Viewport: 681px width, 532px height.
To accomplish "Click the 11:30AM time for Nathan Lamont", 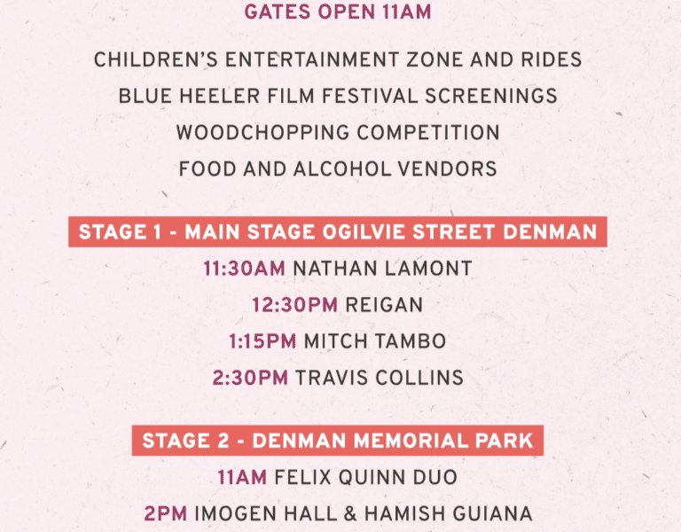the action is [x=244, y=269].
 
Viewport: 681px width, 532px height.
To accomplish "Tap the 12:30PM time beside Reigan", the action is [x=295, y=305].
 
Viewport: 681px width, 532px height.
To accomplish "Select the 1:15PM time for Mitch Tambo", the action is [x=262, y=341].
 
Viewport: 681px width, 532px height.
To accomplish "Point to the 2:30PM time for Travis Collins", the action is [x=250, y=378].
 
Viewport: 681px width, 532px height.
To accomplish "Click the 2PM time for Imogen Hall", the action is [x=166, y=513].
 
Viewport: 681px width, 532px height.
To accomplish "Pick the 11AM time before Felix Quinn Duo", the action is [x=242, y=477].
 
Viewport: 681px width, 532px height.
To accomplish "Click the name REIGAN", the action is [x=384, y=305].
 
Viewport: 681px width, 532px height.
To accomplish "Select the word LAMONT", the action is [x=428, y=269].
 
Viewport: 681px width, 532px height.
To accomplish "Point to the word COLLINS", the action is [x=419, y=378].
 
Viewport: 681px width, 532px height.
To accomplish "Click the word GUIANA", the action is [x=492, y=513].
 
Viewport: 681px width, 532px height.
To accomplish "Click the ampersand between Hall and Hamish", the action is [x=350, y=513].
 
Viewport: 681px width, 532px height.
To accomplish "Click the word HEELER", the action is [x=220, y=96].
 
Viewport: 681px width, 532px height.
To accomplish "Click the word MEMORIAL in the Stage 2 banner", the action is [x=411, y=441].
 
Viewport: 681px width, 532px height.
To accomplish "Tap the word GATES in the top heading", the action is [x=278, y=12].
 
